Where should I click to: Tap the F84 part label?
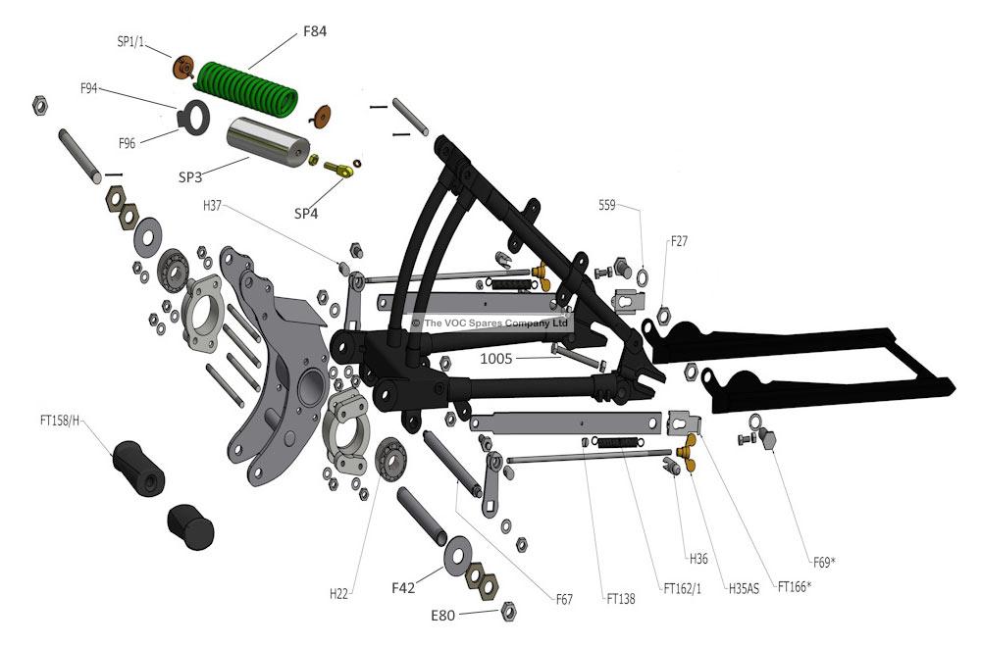pyautogui.click(x=314, y=31)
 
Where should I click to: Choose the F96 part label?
pyautogui.click(x=127, y=144)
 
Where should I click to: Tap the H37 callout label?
pyautogui.click(x=214, y=206)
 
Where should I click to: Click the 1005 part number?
pyautogui.click(x=496, y=359)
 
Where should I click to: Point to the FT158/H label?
pyautogui.click(x=59, y=422)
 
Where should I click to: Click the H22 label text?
pyautogui.click(x=339, y=593)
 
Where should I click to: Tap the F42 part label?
pyautogui.click(x=404, y=588)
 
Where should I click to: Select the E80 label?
pyautogui.click(x=444, y=617)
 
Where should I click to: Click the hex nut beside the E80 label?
pyautogui.click(x=508, y=612)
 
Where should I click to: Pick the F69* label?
pyautogui.click(x=823, y=562)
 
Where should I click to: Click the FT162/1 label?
pyautogui.click(x=683, y=589)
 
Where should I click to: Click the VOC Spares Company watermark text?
pyautogui.click(x=490, y=323)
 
